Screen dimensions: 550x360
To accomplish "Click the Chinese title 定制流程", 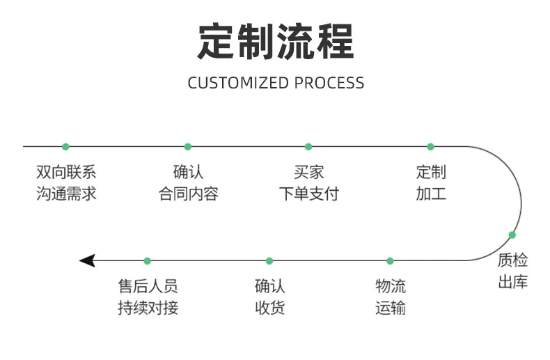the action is pyautogui.click(x=276, y=41).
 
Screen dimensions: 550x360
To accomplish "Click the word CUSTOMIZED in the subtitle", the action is pyautogui.click(x=238, y=83).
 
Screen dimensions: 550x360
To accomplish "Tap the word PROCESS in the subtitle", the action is pyautogui.click(x=329, y=83).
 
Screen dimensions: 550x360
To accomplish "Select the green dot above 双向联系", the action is pyautogui.click(x=65, y=147).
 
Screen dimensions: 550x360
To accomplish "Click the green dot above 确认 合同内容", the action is pyautogui.click(x=188, y=147).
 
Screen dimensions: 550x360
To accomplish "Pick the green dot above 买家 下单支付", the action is pyautogui.click(x=308, y=147).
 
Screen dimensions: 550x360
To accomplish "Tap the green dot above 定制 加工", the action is pyautogui.click(x=430, y=147).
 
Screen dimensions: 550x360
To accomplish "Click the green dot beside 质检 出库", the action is pyautogui.click(x=512, y=235).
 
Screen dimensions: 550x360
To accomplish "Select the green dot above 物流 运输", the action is pyautogui.click(x=390, y=261).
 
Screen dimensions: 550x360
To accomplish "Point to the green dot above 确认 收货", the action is pyautogui.click(x=269, y=261).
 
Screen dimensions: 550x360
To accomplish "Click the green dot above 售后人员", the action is pyautogui.click(x=148, y=261).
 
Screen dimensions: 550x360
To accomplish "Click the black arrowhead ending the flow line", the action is pyautogui.click(x=87, y=260).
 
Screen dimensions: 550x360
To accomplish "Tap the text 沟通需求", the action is pyautogui.click(x=66, y=194).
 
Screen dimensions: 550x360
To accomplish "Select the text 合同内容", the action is pyautogui.click(x=189, y=194).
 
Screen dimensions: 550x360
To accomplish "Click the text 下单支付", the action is pyautogui.click(x=309, y=194).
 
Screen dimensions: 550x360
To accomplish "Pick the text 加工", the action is pyautogui.click(x=431, y=194).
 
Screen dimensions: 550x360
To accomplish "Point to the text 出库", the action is pyautogui.click(x=513, y=282).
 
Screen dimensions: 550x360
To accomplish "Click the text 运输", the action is pyautogui.click(x=391, y=308).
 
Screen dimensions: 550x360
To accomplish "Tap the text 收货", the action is pyautogui.click(x=269, y=308).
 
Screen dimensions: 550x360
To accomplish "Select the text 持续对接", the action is pyautogui.click(x=148, y=308).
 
